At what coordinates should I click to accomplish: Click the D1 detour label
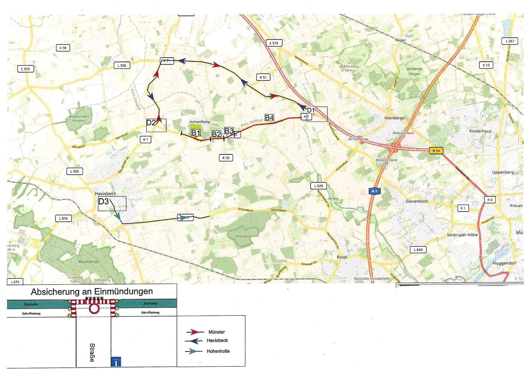(311, 110)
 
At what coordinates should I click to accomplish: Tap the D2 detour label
(151, 123)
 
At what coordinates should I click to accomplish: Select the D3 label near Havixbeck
(104, 201)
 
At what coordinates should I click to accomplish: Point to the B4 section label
(269, 118)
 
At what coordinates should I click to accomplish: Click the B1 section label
(196, 133)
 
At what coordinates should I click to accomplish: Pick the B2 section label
(216, 134)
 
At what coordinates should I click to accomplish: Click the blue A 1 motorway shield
(374, 191)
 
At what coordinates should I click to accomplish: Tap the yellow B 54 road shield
(436, 151)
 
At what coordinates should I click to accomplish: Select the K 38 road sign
(63, 48)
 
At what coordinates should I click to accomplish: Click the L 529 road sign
(318, 186)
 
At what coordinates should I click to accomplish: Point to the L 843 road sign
(418, 250)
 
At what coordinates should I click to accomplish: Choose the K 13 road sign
(486, 65)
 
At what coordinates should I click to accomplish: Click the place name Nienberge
(394, 118)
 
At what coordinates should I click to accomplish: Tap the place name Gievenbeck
(417, 201)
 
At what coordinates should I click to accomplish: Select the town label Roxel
(342, 257)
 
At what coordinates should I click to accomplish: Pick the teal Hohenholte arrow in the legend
(194, 351)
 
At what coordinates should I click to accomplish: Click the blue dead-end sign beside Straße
(116, 362)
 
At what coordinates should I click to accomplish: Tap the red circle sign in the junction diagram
(94, 309)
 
